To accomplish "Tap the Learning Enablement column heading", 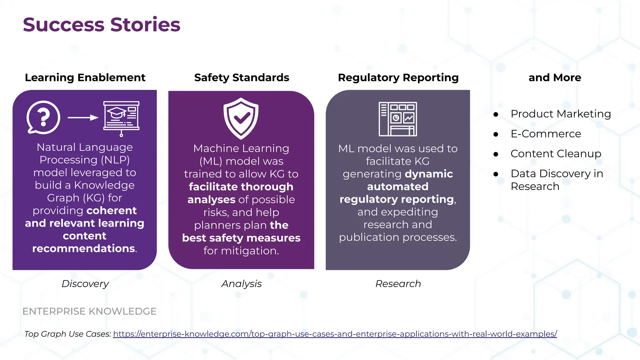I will (85, 77).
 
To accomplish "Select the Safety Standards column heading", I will (242, 77).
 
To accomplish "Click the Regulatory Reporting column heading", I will (398, 77).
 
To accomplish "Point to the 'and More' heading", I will (555, 77).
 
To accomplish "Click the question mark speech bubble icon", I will (43, 117).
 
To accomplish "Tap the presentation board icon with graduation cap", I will (121, 117).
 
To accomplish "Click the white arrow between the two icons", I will (83, 117).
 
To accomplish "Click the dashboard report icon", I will (398, 119).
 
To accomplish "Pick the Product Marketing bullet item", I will (561, 114).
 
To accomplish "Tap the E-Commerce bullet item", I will (546, 134).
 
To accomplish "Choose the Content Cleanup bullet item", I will (556, 154).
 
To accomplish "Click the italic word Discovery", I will (85, 284).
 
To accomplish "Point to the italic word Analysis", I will (242, 284).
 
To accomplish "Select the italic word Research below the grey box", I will (398, 284).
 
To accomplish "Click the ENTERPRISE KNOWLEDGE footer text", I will (89, 311).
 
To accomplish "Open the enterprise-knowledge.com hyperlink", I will (335, 334).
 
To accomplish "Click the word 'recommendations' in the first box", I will (83, 248).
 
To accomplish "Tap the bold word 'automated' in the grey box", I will (397, 187).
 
